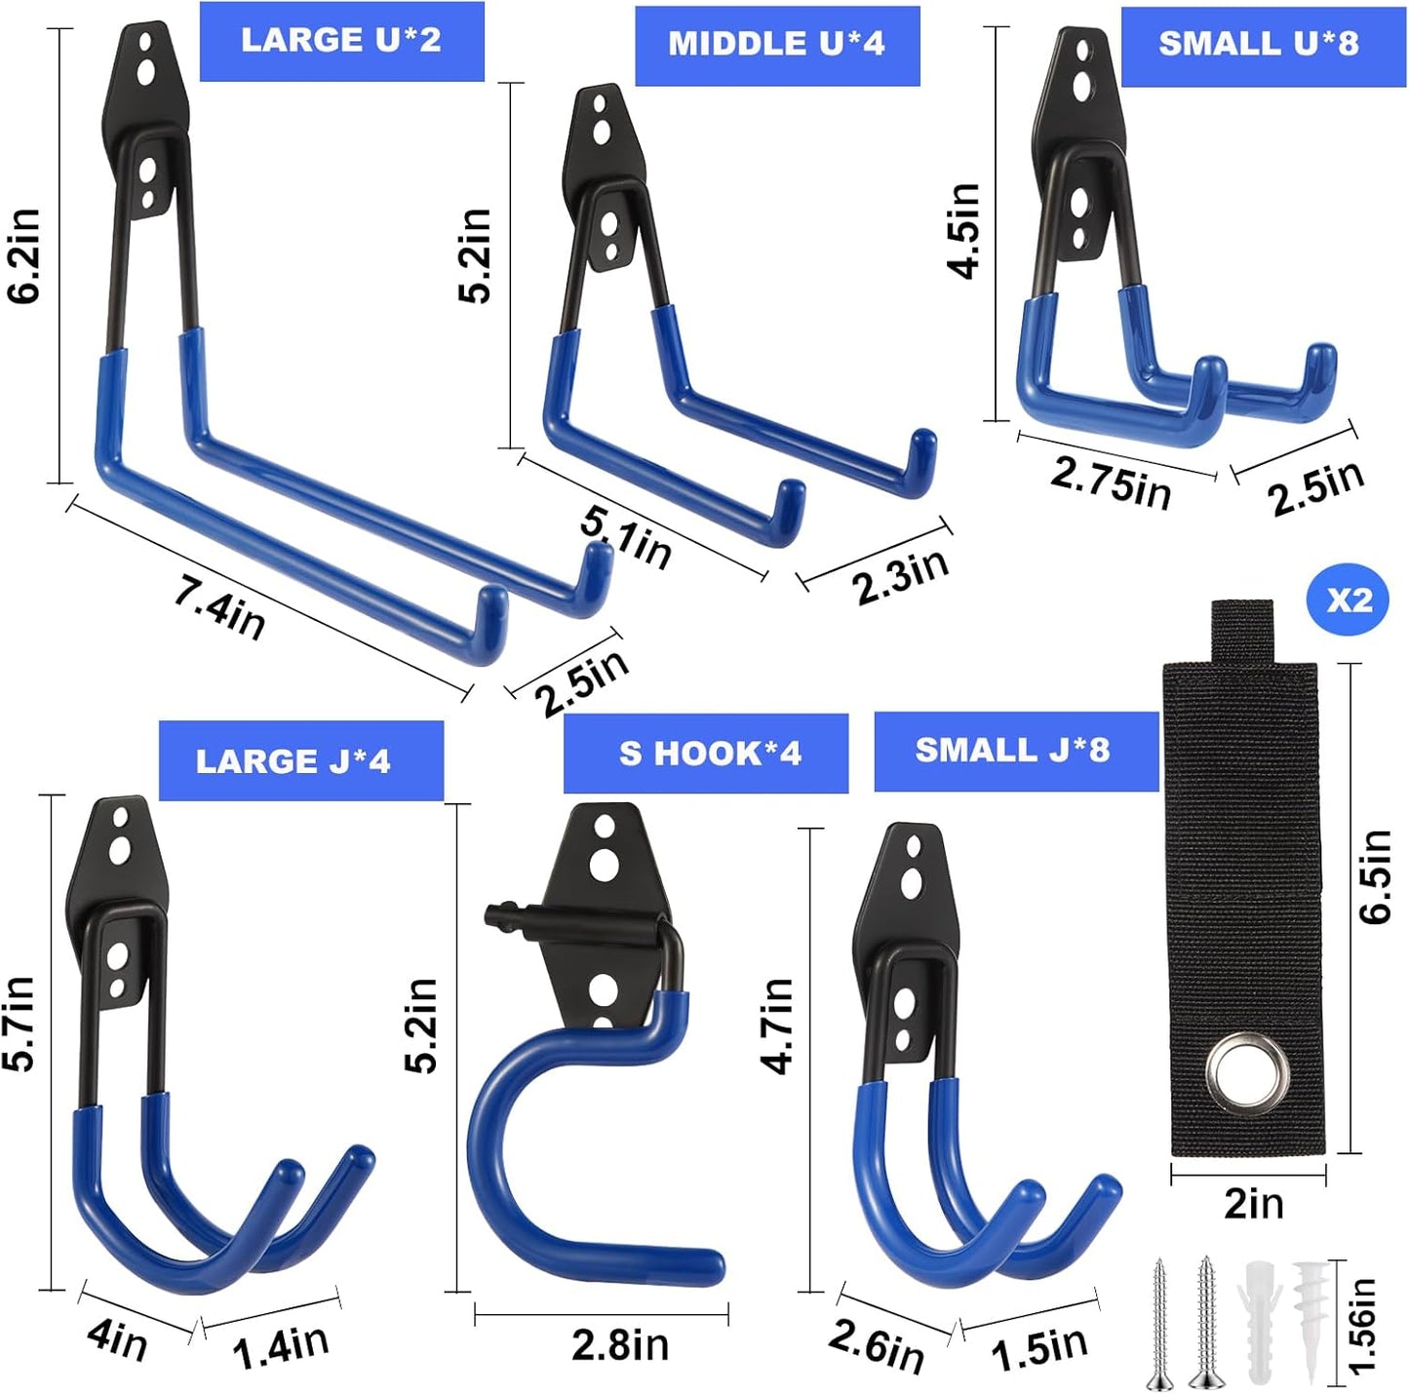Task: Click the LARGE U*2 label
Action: point(341,41)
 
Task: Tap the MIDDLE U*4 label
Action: point(776,45)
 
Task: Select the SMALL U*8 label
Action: point(1259,44)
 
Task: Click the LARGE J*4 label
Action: point(294,761)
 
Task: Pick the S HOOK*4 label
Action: point(710,754)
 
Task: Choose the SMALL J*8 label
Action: point(1012,750)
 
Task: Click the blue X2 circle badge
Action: point(1349,600)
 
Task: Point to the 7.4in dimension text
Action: point(220,607)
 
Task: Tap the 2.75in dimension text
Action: point(1111,482)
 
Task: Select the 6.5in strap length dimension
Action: point(1376,876)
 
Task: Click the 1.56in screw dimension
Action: point(1362,1326)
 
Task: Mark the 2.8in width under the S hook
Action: point(620,1345)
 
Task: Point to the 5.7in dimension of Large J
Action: point(19,1024)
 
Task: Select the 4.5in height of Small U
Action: point(964,231)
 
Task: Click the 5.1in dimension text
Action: point(626,538)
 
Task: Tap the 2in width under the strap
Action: point(1253,1205)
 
